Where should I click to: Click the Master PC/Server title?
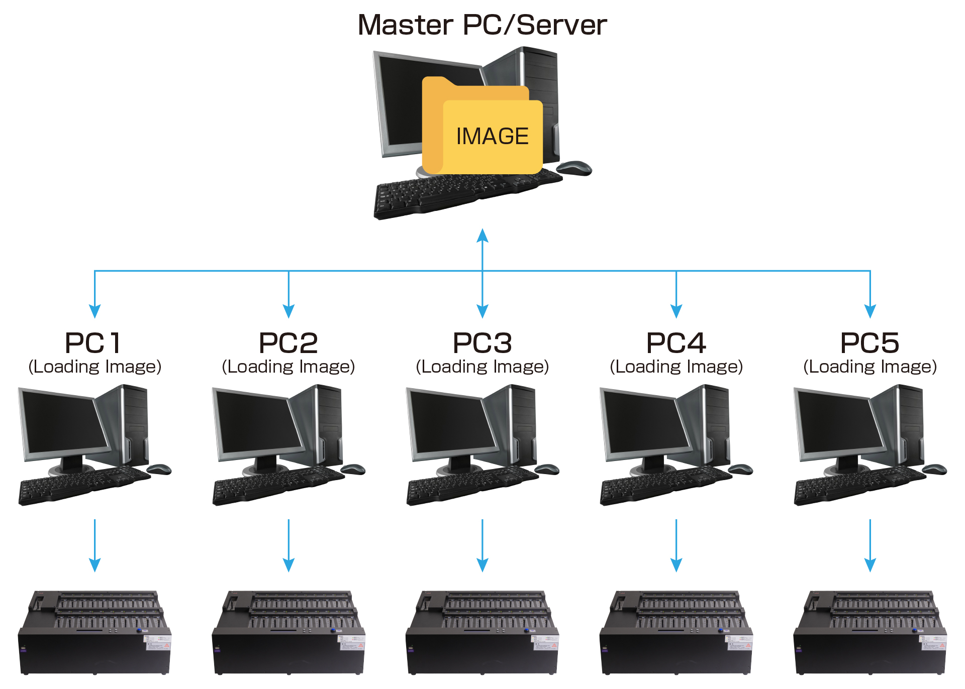click(x=482, y=25)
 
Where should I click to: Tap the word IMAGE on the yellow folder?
click(x=492, y=136)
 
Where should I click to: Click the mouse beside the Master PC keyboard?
click(x=574, y=168)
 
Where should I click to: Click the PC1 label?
click(x=93, y=343)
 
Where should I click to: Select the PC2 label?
click(x=288, y=343)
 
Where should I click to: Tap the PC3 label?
click(x=482, y=343)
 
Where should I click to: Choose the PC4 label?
click(x=676, y=343)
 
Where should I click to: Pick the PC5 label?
click(x=870, y=343)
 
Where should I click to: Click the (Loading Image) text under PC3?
click(x=482, y=367)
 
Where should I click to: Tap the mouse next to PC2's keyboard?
click(x=353, y=470)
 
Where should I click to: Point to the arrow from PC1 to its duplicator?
click(x=94, y=545)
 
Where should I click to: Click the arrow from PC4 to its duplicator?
click(x=677, y=545)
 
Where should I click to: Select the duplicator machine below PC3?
click(x=482, y=633)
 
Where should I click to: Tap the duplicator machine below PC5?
click(x=870, y=633)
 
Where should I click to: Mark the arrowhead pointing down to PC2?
click(x=288, y=311)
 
